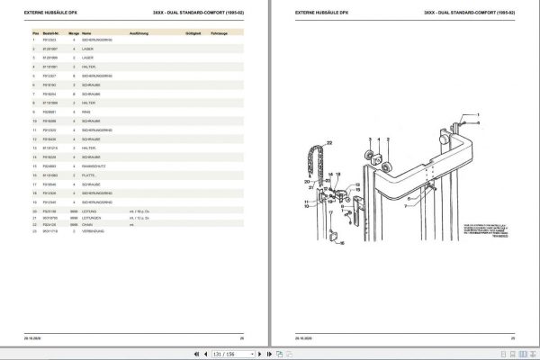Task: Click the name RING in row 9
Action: click(86, 112)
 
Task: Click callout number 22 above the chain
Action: click(328, 142)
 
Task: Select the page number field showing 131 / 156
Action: click(270, 354)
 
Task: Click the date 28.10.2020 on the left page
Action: click(35, 337)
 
